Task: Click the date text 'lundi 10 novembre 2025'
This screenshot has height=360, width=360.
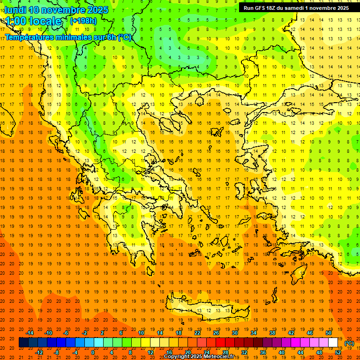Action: (x=56, y=10)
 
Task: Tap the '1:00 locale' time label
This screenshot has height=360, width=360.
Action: (x=33, y=21)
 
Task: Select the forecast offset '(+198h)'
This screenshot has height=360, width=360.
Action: (x=83, y=21)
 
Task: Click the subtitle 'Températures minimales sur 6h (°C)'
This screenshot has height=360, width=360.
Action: (x=68, y=37)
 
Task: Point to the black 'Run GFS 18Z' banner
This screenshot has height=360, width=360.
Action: (x=296, y=8)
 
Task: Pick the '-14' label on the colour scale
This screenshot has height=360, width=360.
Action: (x=30, y=333)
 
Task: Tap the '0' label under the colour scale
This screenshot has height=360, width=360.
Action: (x=93, y=352)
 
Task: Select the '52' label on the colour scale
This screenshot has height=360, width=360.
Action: (x=338, y=352)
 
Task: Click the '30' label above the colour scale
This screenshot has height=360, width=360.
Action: (x=234, y=333)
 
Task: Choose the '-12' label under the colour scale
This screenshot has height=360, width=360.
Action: (x=39, y=352)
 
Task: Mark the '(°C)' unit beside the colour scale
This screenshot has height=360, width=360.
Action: (x=349, y=343)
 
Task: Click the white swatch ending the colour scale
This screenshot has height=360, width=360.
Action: (x=333, y=343)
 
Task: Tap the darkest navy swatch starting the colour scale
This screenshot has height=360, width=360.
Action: (x=23, y=343)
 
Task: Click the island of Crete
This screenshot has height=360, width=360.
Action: (x=206, y=309)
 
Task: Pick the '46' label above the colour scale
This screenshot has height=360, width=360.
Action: (x=310, y=333)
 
